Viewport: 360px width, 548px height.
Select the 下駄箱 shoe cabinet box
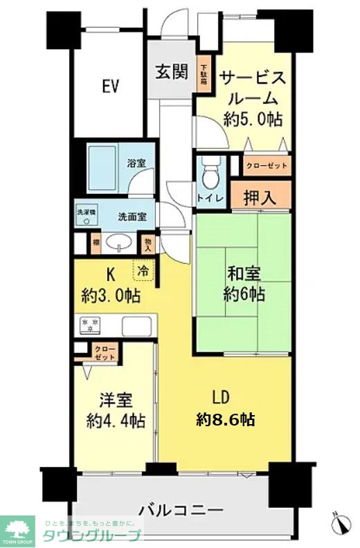(x=204, y=74)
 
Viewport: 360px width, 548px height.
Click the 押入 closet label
(x=260, y=197)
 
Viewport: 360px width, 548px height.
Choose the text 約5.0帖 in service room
(x=253, y=119)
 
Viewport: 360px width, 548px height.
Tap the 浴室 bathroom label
(x=136, y=164)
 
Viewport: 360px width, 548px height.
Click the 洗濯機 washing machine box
(x=86, y=217)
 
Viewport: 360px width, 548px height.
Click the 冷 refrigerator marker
(x=144, y=271)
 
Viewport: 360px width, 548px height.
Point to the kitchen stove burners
(x=90, y=325)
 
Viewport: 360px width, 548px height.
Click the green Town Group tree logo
(x=19, y=530)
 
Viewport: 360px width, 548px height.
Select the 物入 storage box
(x=147, y=243)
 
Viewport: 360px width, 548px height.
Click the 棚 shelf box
(x=94, y=243)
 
